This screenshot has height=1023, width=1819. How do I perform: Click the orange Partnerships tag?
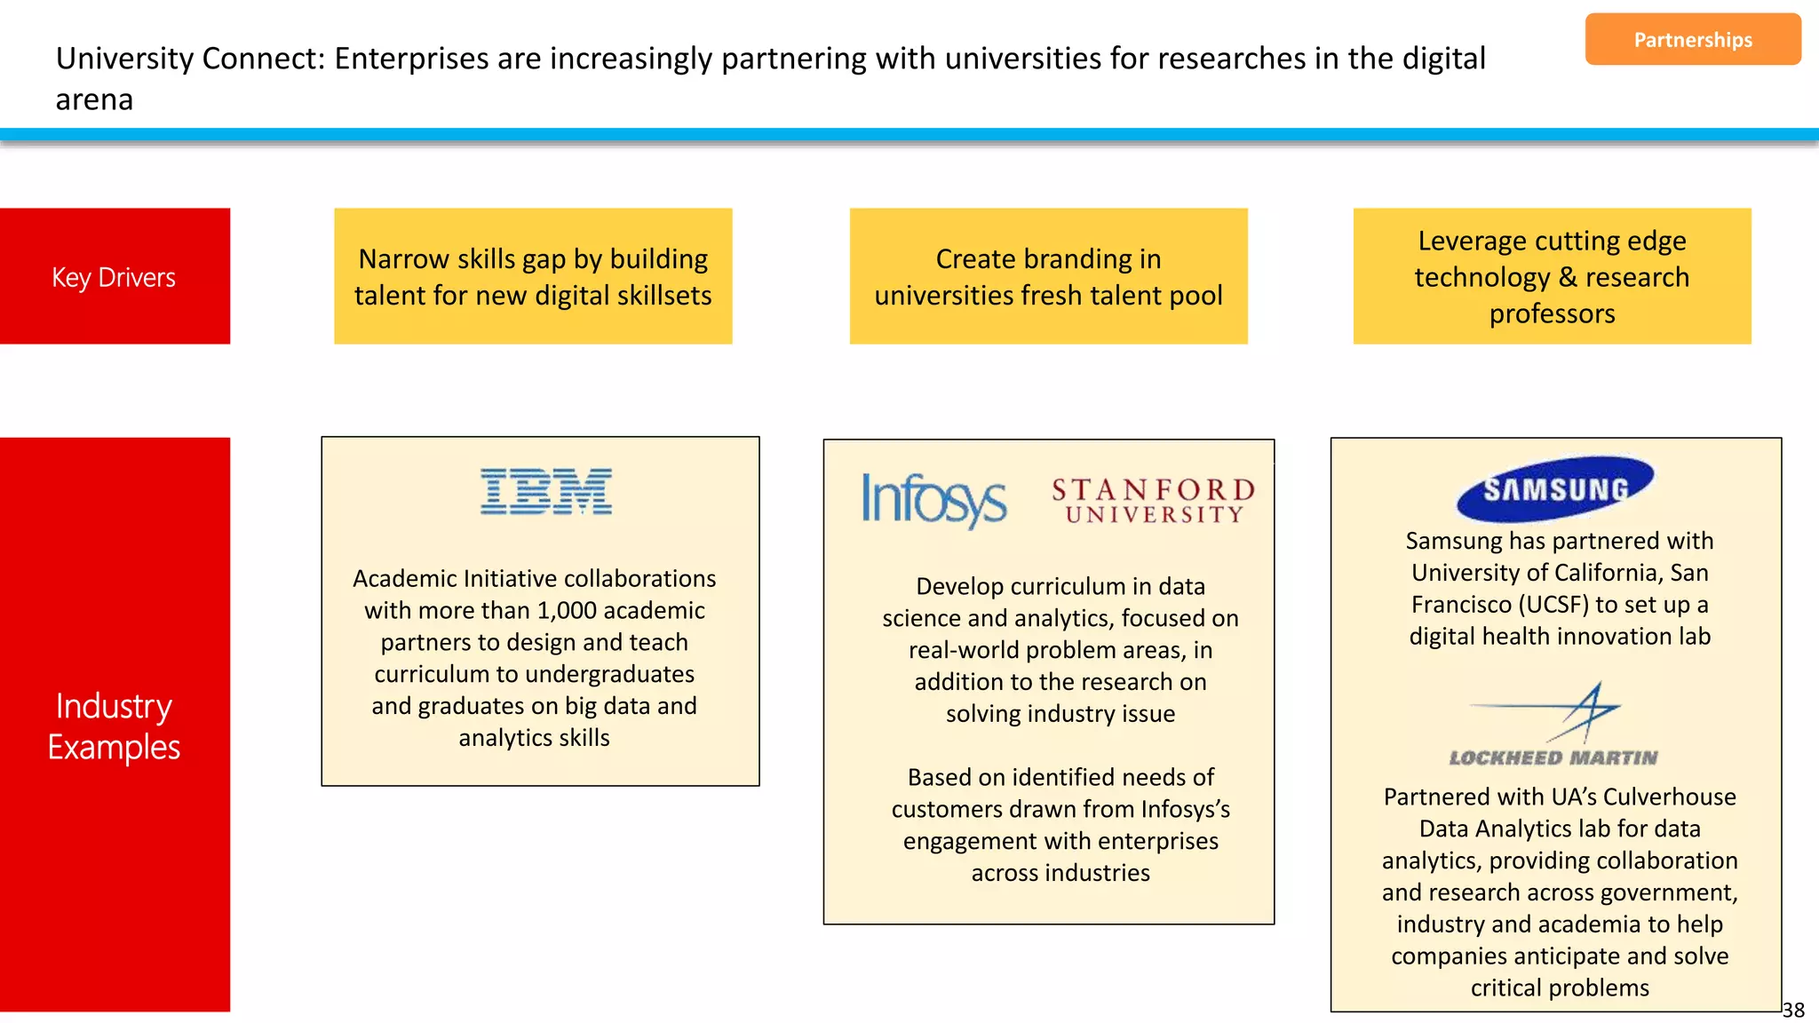1692,40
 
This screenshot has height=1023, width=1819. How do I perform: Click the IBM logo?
546,491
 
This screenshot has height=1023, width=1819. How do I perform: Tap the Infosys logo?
933,500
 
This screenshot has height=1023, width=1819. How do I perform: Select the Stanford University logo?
1153,501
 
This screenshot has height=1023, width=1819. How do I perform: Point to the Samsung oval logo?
1555,488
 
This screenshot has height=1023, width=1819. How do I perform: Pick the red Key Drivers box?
115,276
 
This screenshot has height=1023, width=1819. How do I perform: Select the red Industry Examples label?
115,725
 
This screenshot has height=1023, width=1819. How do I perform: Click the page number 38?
1793,1010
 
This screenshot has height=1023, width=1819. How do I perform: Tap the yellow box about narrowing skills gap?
533,276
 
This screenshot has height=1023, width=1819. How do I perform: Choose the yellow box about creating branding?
1048,276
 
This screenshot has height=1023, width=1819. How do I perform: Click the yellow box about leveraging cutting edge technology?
1552,276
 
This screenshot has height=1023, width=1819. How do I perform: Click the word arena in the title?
94,99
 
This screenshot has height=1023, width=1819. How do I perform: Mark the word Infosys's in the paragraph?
1185,810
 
